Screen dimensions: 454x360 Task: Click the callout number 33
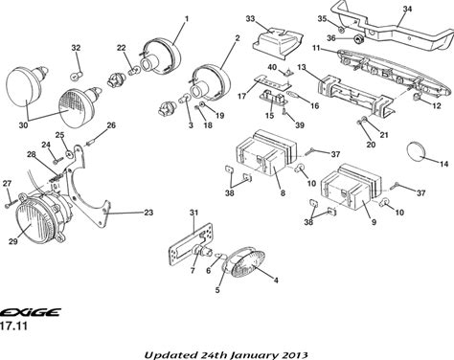(x=250, y=19)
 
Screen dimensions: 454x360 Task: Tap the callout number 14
(x=444, y=164)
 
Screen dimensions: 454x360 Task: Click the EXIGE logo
(x=31, y=312)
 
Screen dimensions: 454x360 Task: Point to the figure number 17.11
(x=13, y=326)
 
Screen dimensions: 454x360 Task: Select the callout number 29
(x=13, y=241)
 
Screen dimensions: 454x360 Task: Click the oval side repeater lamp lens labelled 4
(x=245, y=261)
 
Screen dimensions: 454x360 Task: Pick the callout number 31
(x=193, y=213)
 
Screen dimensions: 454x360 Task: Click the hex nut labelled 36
(x=358, y=40)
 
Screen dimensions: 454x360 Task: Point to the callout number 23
(x=148, y=213)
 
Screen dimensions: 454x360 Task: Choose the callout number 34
(x=407, y=9)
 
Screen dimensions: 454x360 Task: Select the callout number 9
(x=375, y=221)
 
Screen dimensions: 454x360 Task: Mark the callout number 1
(x=187, y=19)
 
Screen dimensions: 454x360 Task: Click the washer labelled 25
(x=69, y=154)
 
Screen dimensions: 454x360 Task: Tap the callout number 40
(x=272, y=68)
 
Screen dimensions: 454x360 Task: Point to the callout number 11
(x=316, y=48)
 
